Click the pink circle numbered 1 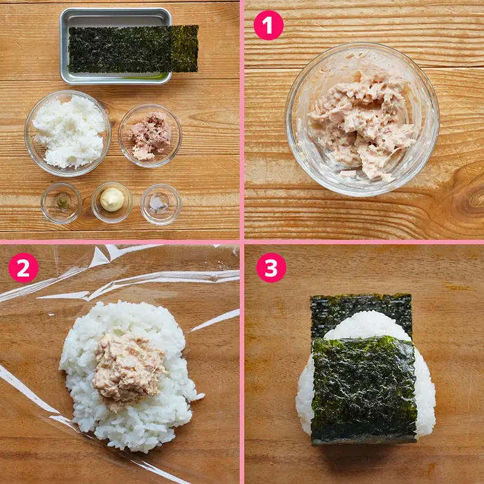click(268, 26)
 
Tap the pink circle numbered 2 click(24, 268)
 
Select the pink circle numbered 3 click(271, 268)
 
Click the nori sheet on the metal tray click(133, 49)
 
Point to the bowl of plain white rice click(68, 133)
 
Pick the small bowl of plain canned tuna click(150, 136)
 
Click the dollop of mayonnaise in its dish click(112, 200)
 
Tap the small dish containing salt click(161, 204)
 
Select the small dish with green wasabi click(62, 203)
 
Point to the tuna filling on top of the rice click(129, 370)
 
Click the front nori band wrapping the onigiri click(364, 389)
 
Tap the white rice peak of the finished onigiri click(367, 325)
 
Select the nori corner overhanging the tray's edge click(185, 48)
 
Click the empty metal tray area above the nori click(115, 19)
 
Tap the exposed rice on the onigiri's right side click(426, 398)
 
